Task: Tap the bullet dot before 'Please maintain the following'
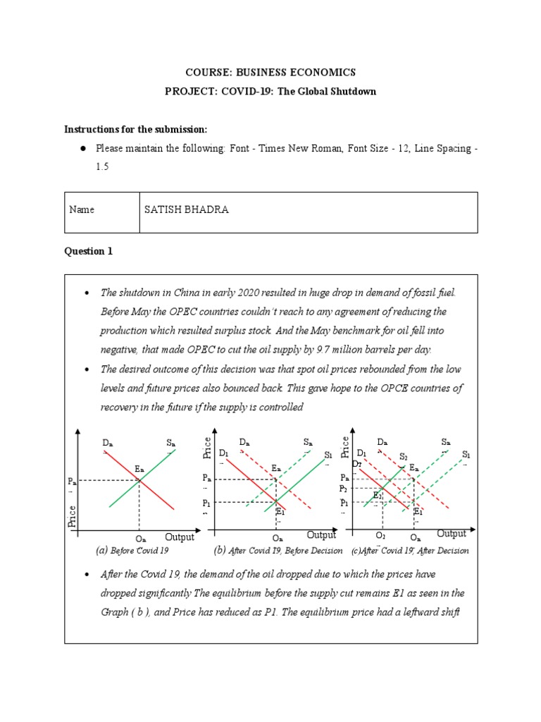tap(82, 149)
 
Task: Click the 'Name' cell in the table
tap(82, 209)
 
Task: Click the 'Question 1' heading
tap(88, 252)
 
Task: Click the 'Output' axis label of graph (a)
tap(180, 537)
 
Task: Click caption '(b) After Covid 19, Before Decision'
tap(278, 550)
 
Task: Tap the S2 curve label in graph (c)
tap(403, 456)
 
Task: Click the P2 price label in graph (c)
tap(344, 488)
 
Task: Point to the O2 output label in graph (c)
tap(380, 537)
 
